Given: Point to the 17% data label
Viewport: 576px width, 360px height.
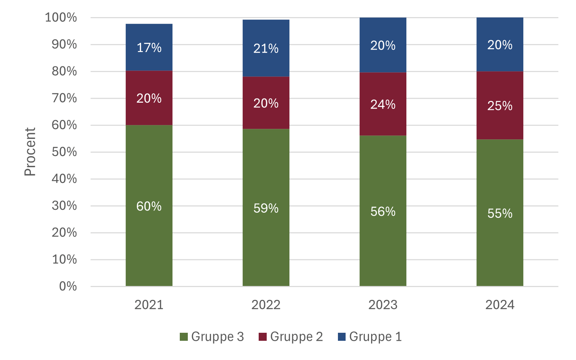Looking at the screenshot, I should [x=149, y=47].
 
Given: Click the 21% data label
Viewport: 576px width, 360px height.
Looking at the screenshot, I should [x=266, y=49].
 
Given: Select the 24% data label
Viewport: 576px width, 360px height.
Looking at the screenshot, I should [x=383, y=104].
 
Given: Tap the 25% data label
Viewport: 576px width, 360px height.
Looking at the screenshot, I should [x=500, y=106].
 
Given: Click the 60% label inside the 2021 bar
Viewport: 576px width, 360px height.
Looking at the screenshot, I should [x=149, y=206].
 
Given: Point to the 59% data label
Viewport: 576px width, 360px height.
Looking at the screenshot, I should [x=266, y=208].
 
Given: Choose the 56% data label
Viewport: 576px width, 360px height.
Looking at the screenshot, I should [x=383, y=212].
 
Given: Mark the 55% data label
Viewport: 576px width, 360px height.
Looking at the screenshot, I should [x=500, y=213].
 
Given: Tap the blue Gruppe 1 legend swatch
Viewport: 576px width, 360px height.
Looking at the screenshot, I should [x=342, y=337].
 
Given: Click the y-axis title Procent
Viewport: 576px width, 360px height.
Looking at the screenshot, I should [x=30, y=152].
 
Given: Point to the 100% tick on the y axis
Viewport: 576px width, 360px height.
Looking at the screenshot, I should [x=61, y=17].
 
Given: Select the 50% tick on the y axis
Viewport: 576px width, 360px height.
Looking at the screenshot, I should [x=64, y=152].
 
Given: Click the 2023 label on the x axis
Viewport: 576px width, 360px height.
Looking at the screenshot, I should [x=383, y=305].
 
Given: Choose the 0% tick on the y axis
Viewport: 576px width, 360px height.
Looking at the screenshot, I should [x=68, y=286].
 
